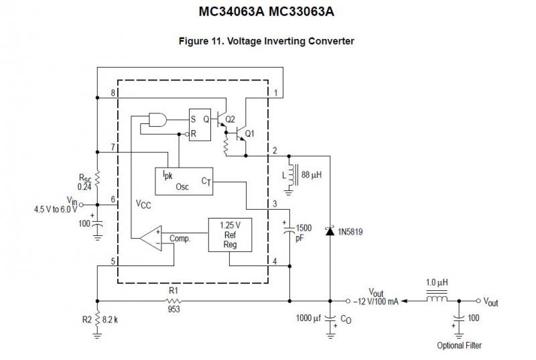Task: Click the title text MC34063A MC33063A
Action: click(266, 12)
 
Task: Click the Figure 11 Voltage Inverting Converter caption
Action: click(266, 42)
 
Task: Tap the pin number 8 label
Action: click(113, 91)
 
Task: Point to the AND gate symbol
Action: click(158, 119)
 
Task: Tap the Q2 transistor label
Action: click(230, 119)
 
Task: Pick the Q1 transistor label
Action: click(249, 133)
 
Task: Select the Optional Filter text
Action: click(459, 346)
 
